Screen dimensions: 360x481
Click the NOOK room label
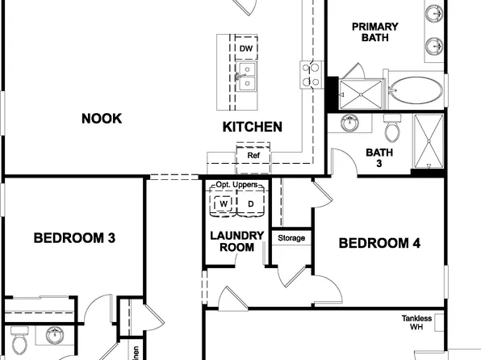pyautogui.click(x=102, y=119)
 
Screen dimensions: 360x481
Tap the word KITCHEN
pyautogui.click(x=252, y=127)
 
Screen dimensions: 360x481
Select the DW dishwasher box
pyautogui.click(x=246, y=49)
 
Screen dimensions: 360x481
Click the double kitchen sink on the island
pyautogui.click(x=246, y=78)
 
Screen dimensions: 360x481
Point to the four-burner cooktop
pyautogui.click(x=310, y=74)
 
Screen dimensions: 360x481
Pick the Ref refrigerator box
pyautogui.click(x=253, y=155)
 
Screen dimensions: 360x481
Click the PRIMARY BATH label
pyautogui.click(x=374, y=33)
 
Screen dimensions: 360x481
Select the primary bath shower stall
pyautogui.click(x=361, y=94)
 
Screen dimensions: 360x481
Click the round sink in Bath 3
pyautogui.click(x=350, y=123)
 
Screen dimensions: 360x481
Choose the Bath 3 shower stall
pyautogui.click(x=428, y=141)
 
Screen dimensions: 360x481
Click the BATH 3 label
pyautogui.click(x=379, y=157)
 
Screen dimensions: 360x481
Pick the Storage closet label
pyautogui.click(x=291, y=238)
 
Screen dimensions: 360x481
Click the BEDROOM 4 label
pyautogui.click(x=379, y=243)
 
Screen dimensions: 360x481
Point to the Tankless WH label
pyautogui.click(x=417, y=323)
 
